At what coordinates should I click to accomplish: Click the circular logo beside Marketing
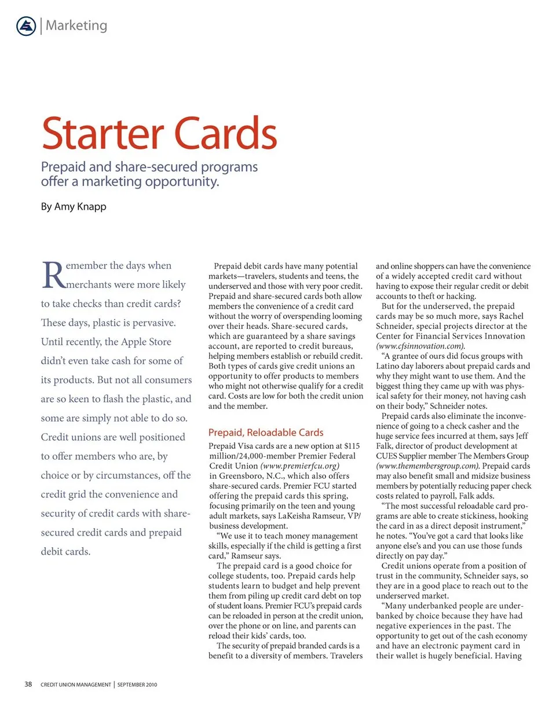pyautogui.click(x=27, y=25)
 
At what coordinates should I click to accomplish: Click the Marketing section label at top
pyautogui.click(x=76, y=25)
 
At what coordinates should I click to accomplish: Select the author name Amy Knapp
pyautogui.click(x=81, y=207)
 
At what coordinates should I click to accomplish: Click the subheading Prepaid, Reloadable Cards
pyautogui.click(x=266, y=433)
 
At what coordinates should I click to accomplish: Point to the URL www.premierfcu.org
pyautogui.click(x=301, y=466)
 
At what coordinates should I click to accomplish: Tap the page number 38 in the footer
pyautogui.click(x=28, y=684)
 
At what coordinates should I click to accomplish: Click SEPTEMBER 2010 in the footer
pyautogui.click(x=137, y=685)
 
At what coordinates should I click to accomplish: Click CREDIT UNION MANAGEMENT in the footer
pyautogui.click(x=75, y=685)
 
